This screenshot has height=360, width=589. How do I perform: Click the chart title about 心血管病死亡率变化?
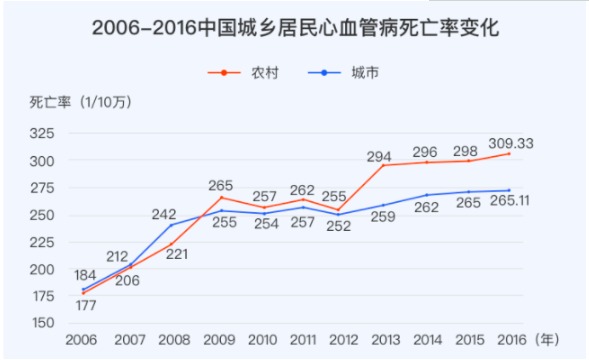coord(294,27)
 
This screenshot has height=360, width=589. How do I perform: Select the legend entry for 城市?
coord(343,72)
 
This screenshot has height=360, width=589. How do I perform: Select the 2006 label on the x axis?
coord(82,340)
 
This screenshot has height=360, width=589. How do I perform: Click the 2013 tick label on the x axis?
coord(381,340)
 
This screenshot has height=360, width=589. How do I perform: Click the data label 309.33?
coord(510,143)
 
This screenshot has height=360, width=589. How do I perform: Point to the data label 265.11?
coord(510,201)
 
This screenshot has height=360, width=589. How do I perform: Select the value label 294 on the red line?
coord(380,156)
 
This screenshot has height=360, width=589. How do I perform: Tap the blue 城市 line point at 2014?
coord(426,195)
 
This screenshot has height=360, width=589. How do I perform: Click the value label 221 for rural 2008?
coord(176,254)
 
